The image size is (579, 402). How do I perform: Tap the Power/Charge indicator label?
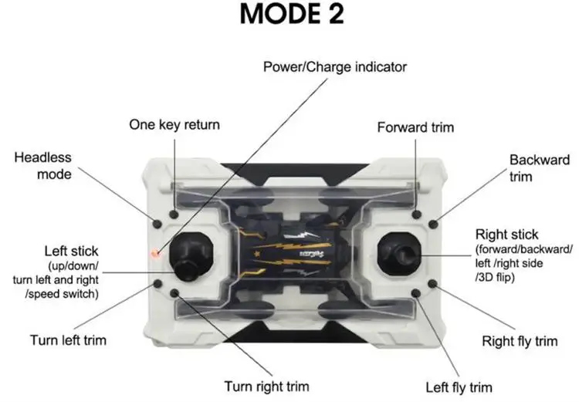pyautogui.click(x=335, y=67)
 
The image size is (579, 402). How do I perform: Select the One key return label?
pyautogui.click(x=174, y=124)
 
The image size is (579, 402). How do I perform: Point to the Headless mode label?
pyautogui.click(x=43, y=166)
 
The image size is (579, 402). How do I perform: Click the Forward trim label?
pyautogui.click(x=415, y=127)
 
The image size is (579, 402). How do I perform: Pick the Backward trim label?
pyautogui.click(x=538, y=167)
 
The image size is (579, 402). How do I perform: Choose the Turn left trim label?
pyautogui.click(x=68, y=340)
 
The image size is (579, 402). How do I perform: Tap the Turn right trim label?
pyautogui.click(x=266, y=386)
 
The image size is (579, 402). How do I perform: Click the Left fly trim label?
pyautogui.click(x=459, y=387)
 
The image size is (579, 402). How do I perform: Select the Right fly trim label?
pyautogui.click(x=520, y=340)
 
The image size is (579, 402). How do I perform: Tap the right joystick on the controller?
pyautogui.click(x=398, y=252)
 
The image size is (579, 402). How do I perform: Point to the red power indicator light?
pyautogui.click(x=154, y=252)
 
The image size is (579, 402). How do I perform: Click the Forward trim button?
pyautogui.click(x=417, y=214)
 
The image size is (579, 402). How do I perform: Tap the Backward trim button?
pyautogui.click(x=434, y=224)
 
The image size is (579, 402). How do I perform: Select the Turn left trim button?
pyautogui.click(x=157, y=283)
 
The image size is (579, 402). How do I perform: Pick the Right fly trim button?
pyautogui.click(x=434, y=283)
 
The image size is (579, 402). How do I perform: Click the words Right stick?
pyautogui.click(x=507, y=234)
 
